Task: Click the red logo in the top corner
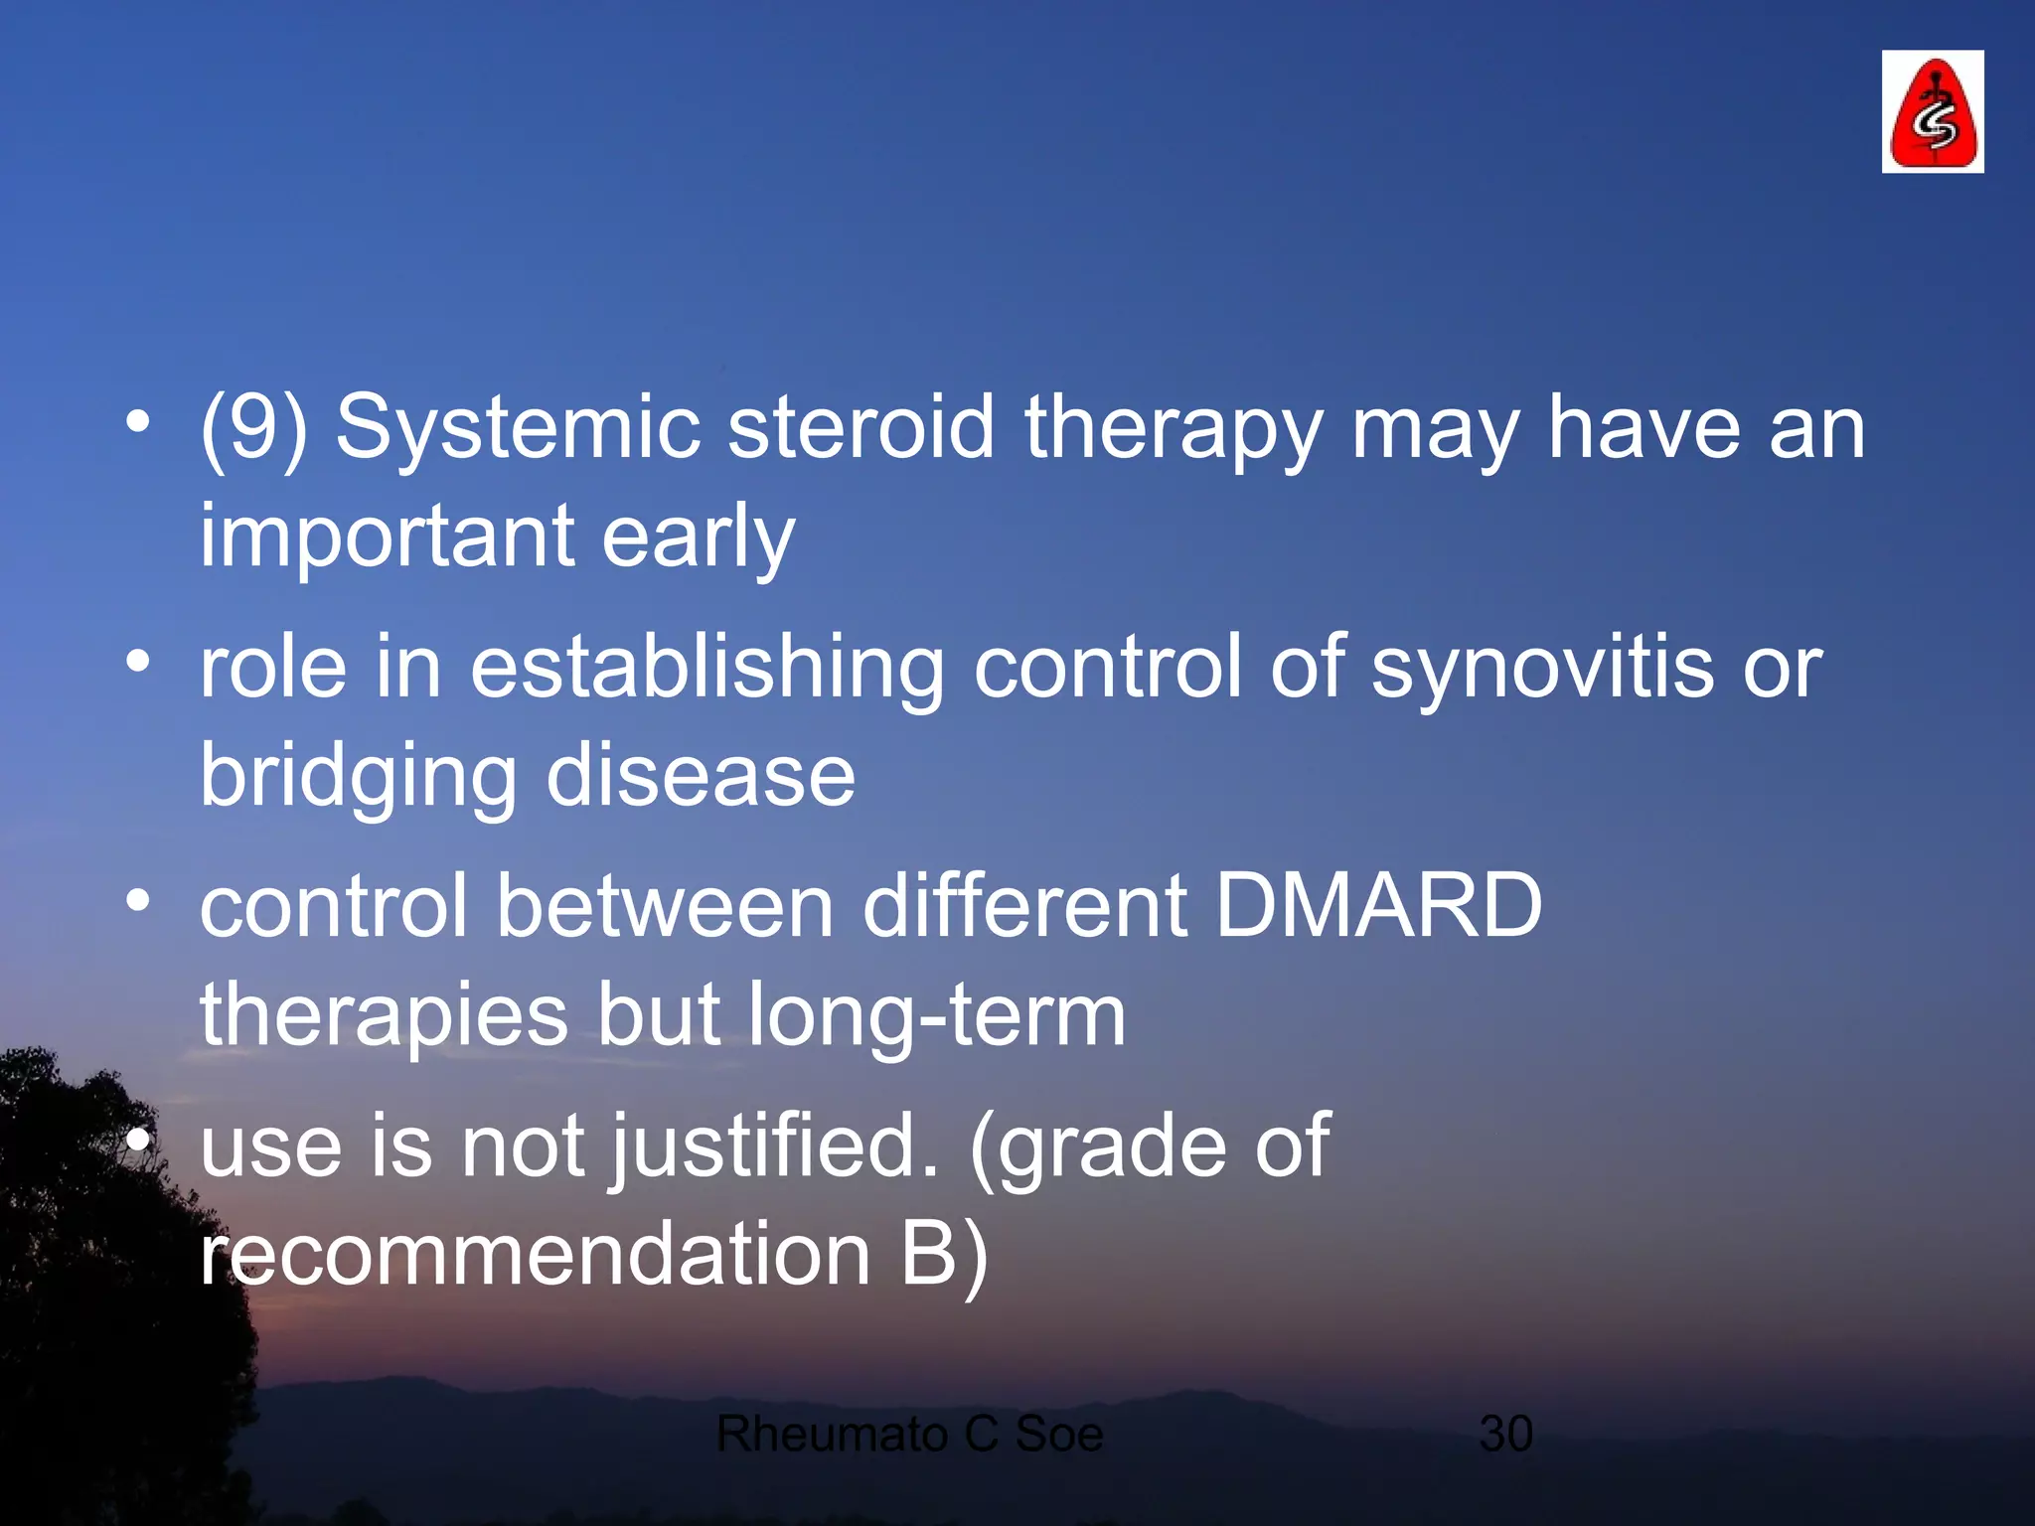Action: point(1932,111)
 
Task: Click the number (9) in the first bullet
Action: point(253,429)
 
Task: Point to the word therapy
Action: point(1173,429)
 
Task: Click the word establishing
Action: point(706,668)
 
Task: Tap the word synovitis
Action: point(1542,668)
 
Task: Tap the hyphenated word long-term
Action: point(936,1015)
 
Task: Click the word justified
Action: point(773,1146)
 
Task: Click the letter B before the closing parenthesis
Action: point(929,1254)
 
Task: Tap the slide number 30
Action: point(1505,1434)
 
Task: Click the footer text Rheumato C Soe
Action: point(909,1434)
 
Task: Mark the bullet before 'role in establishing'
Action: point(138,660)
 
